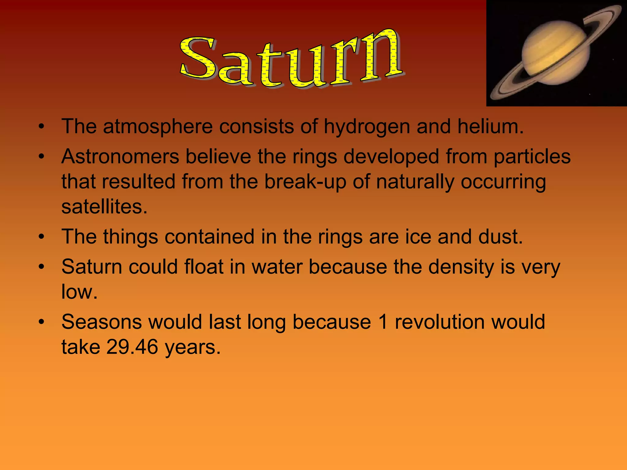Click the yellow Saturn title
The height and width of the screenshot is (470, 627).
click(291, 60)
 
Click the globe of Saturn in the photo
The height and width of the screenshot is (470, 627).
click(556, 53)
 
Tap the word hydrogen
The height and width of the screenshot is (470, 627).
click(367, 127)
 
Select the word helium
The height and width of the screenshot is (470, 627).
click(490, 126)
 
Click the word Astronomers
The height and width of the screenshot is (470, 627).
click(120, 157)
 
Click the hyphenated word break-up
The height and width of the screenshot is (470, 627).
click(305, 182)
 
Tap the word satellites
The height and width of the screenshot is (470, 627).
click(104, 207)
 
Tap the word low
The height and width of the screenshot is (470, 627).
click(79, 292)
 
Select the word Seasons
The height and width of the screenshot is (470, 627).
click(102, 322)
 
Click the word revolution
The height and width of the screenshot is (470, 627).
click(440, 322)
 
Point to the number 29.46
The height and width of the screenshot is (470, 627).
click(132, 347)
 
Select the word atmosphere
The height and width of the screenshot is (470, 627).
click(158, 126)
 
